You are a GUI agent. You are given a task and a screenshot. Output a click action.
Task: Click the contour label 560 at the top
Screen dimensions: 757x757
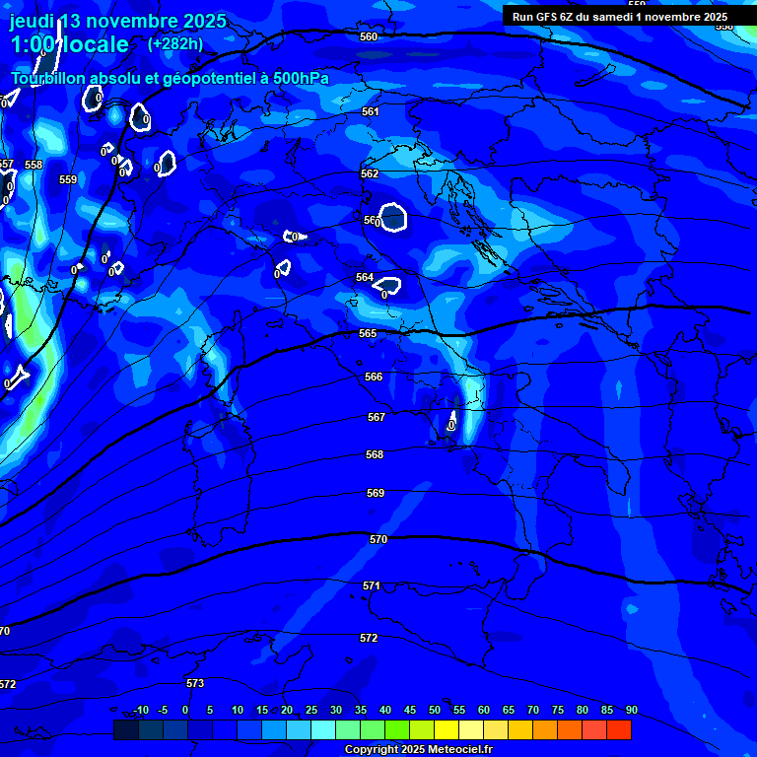(369, 36)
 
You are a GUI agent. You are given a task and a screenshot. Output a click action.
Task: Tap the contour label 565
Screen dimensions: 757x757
(368, 334)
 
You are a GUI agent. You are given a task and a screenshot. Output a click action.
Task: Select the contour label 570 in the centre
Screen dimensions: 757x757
(378, 539)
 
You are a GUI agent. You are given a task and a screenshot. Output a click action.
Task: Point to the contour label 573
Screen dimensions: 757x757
(195, 683)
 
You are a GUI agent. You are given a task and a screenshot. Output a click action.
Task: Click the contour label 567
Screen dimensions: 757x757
(376, 417)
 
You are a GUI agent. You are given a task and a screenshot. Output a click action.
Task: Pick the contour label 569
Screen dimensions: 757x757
(376, 493)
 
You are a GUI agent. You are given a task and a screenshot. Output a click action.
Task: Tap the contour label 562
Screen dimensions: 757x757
(370, 173)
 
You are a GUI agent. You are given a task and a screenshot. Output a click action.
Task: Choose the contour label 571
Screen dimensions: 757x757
(372, 585)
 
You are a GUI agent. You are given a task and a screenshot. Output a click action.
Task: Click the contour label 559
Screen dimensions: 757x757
(68, 179)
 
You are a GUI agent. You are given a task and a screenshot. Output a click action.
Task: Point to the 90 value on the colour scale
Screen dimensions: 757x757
(631, 711)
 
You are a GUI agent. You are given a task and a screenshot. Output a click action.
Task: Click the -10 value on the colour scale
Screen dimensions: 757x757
(141, 711)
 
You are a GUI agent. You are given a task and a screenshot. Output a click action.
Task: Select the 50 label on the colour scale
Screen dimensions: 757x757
(434, 711)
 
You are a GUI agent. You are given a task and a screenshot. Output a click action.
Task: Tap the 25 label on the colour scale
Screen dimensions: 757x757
(310, 711)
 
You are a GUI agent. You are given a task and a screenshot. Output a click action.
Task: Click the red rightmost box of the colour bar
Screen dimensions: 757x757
(619, 729)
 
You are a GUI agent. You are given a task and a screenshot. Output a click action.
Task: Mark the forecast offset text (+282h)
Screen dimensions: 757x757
(175, 44)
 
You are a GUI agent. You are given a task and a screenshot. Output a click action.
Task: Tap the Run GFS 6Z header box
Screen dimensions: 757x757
(620, 17)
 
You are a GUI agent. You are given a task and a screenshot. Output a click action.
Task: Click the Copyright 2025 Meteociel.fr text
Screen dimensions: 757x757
(425, 749)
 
